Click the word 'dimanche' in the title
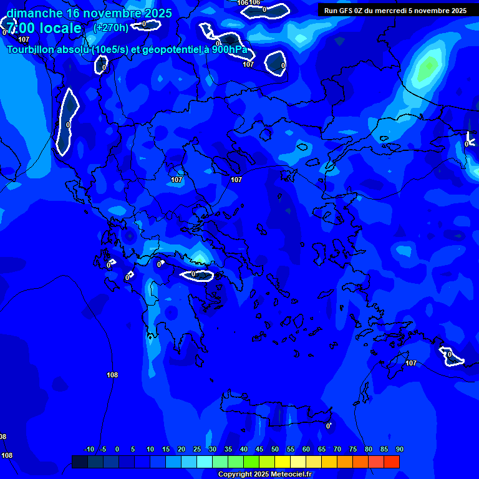pyautogui.click(x=32, y=13)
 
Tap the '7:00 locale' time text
pyautogui.click(x=44, y=28)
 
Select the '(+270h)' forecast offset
pyautogui.click(x=111, y=27)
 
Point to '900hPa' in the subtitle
pyautogui.click(x=229, y=50)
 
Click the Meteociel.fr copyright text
pyautogui.click(x=265, y=475)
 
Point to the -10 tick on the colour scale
pyautogui.click(x=89, y=450)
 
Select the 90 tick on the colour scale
pyautogui.click(x=399, y=450)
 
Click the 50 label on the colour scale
pyautogui.click(x=275, y=450)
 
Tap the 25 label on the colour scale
pyautogui.click(x=197, y=450)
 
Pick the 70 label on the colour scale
pyautogui.click(x=337, y=450)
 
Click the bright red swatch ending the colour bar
pyautogui.click(x=392, y=462)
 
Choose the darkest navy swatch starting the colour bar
pyautogui.click(x=80, y=462)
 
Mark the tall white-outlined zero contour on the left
pyautogui.click(x=67, y=122)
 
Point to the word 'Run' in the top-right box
pyautogui.click(x=331, y=11)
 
